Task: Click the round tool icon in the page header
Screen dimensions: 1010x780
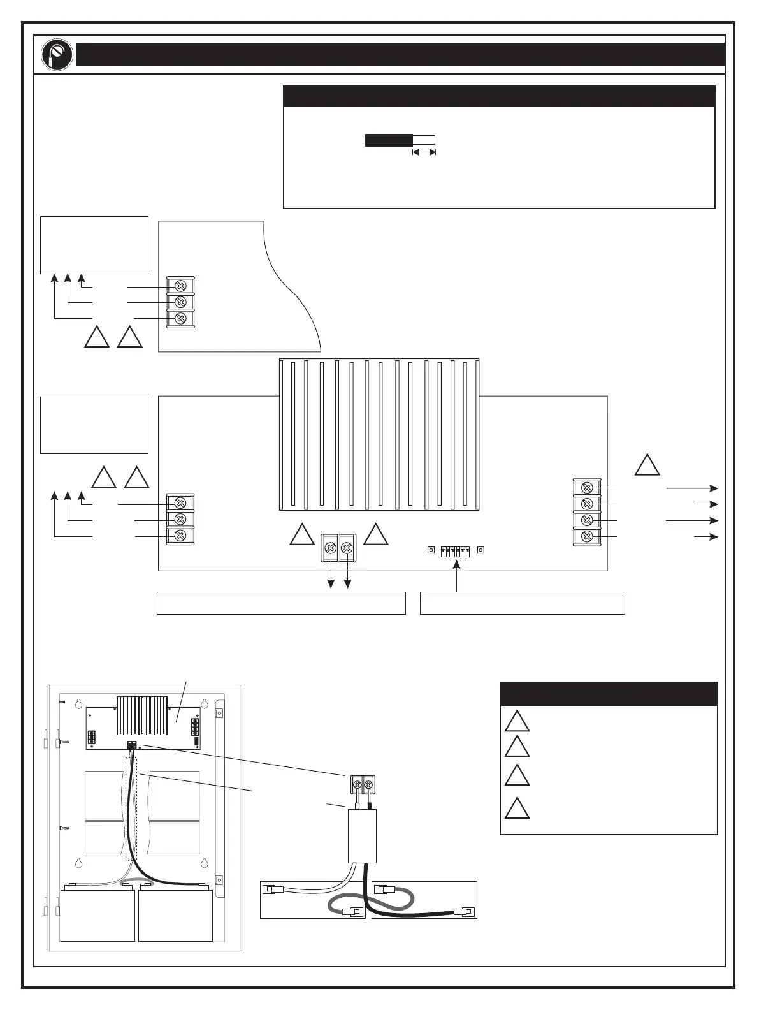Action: pyautogui.click(x=55, y=55)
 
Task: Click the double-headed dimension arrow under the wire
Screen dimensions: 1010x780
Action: pyautogui.click(x=424, y=152)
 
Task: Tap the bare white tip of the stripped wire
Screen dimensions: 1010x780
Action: pyautogui.click(x=424, y=140)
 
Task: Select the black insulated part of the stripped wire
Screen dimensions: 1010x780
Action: pyautogui.click(x=389, y=140)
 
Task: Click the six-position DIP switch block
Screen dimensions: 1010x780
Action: pyautogui.click(x=455, y=551)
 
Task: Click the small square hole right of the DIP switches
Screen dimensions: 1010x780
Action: pyautogui.click(x=481, y=550)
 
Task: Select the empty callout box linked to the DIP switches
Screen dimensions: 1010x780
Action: pyautogui.click(x=522, y=603)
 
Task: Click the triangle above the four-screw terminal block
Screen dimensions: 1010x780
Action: pyautogui.click(x=647, y=465)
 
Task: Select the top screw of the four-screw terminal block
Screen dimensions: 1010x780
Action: pyautogui.click(x=588, y=488)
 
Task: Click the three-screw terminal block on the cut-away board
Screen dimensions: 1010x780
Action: pyautogui.click(x=180, y=302)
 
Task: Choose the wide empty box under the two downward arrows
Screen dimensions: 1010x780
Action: pyautogui.click(x=281, y=603)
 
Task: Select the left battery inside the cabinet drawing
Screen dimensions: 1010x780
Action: pyautogui.click(x=97, y=915)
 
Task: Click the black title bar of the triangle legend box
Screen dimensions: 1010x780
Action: pyautogui.click(x=609, y=694)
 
